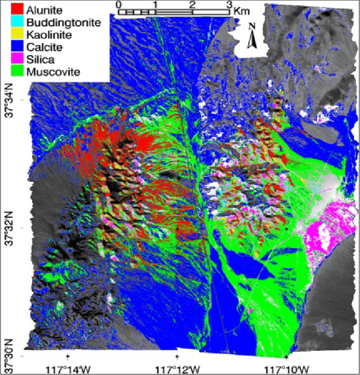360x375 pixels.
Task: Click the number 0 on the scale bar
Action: click(118, 5)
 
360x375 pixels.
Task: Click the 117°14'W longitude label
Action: click(67, 369)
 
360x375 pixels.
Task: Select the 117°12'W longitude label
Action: click(177, 369)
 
